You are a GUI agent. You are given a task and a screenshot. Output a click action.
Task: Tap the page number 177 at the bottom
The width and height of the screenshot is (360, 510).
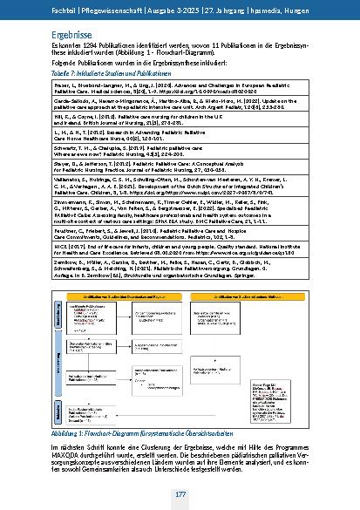pyautogui.click(x=179, y=494)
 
